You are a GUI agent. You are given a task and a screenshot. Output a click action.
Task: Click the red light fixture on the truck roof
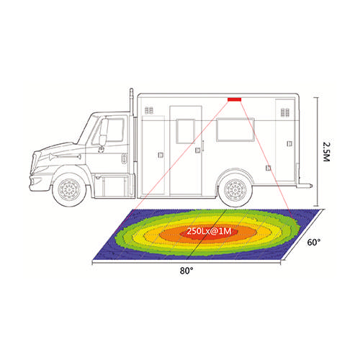click(235, 99)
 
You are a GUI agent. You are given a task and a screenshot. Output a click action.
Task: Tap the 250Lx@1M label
click(209, 231)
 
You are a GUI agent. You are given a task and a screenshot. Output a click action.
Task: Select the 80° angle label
click(186, 271)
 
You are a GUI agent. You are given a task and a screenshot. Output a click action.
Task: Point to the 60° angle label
click(314, 243)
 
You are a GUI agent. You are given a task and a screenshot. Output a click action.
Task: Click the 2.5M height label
click(327, 152)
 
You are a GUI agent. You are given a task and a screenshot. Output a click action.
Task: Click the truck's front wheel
click(69, 189)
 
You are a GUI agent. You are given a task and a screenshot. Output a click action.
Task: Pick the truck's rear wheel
click(235, 190)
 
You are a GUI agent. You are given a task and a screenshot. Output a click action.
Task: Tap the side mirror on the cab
click(104, 132)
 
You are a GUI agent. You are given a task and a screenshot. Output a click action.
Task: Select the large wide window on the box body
click(235, 130)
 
